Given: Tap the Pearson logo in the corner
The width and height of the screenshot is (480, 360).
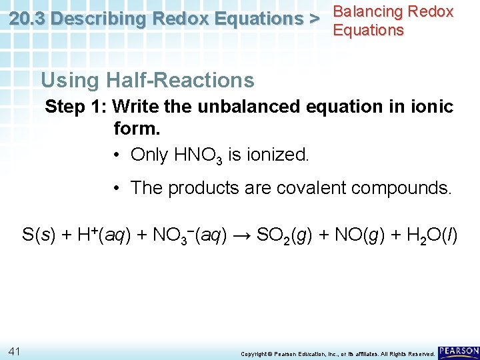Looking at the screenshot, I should point(459,351).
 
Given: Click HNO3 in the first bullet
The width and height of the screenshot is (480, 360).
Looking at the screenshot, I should point(199,155).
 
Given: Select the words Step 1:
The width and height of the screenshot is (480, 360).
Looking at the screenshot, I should point(76,107).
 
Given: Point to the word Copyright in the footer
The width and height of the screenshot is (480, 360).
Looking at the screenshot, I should point(254,353).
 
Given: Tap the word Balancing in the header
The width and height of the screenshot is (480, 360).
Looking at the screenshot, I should point(367,11).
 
